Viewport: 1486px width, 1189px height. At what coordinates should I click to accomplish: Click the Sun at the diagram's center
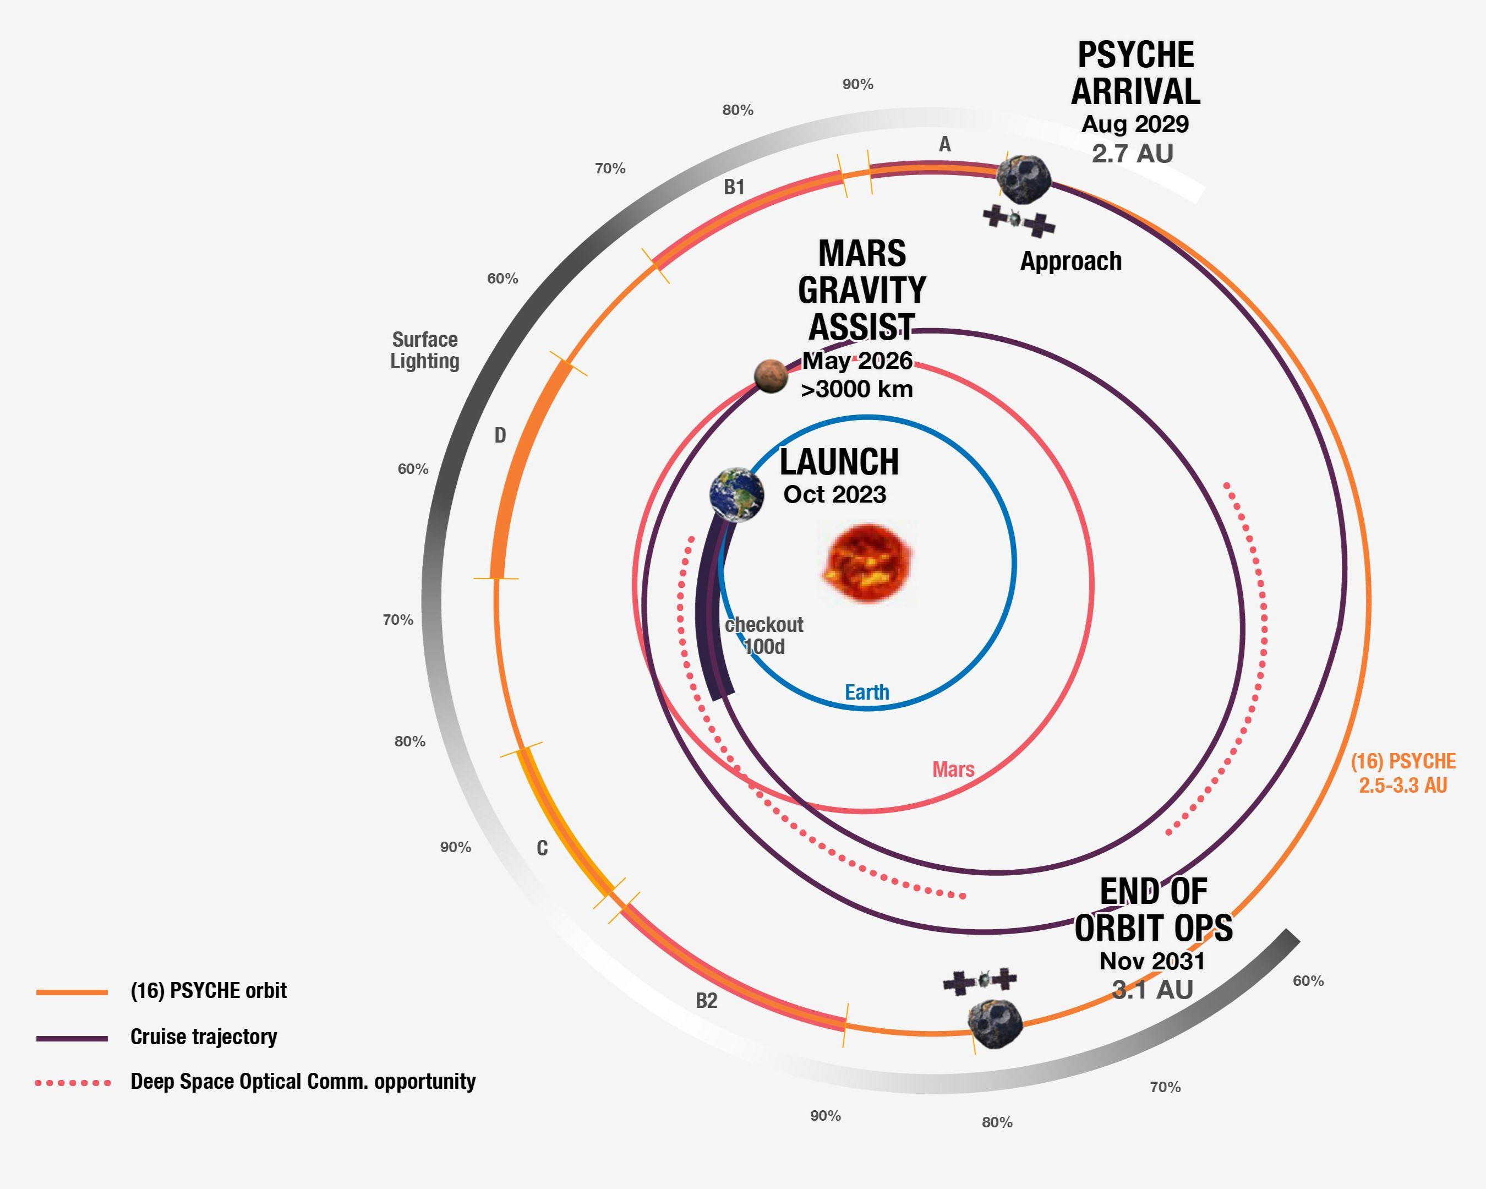pyautogui.click(x=867, y=563)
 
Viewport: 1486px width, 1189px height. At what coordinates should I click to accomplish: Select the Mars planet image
pyautogui.click(x=771, y=375)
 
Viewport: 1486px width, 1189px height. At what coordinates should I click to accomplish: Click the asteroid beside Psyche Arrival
pyautogui.click(x=1024, y=178)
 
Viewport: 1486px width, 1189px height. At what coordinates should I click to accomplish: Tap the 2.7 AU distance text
pyautogui.click(x=1133, y=153)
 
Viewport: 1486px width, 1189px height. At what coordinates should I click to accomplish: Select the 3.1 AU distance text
pyautogui.click(x=1152, y=990)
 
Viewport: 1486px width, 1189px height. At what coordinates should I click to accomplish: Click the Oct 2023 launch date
pyautogui.click(x=835, y=494)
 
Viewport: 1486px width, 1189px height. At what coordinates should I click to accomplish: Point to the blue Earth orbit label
pyautogui.click(x=867, y=692)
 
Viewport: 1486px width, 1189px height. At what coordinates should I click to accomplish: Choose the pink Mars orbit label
pyautogui.click(x=953, y=769)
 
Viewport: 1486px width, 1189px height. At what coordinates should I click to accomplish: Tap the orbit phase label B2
pyautogui.click(x=707, y=1001)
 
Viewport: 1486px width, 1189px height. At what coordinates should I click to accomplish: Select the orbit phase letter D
pyautogui.click(x=500, y=435)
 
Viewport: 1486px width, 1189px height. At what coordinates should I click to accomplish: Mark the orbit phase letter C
pyautogui.click(x=543, y=848)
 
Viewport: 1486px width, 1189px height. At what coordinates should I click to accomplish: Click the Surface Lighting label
pyautogui.click(x=424, y=350)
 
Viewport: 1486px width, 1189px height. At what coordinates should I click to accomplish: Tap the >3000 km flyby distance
pyautogui.click(x=857, y=389)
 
